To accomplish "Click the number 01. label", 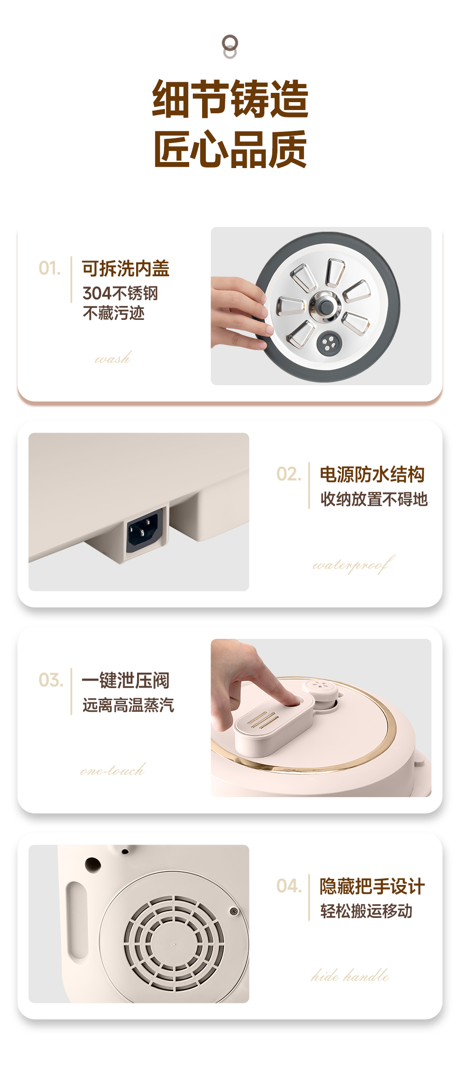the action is point(50,268).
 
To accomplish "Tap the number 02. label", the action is point(289,474).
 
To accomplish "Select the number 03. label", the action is point(51,680).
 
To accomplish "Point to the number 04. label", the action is point(289,886).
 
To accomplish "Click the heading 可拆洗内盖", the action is point(126,269).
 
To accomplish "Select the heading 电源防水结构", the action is point(372,474).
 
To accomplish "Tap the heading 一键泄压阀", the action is point(126,681).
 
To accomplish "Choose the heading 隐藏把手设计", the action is point(372,886).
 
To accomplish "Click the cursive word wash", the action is point(113,358).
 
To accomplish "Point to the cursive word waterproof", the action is point(354,565).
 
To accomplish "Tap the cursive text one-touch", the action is point(112,770).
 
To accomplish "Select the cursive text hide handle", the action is point(350,975).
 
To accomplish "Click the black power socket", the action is point(145,530).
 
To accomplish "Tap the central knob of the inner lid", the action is point(325,306).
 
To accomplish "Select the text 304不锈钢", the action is point(120,293).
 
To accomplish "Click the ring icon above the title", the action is point(230,46).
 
